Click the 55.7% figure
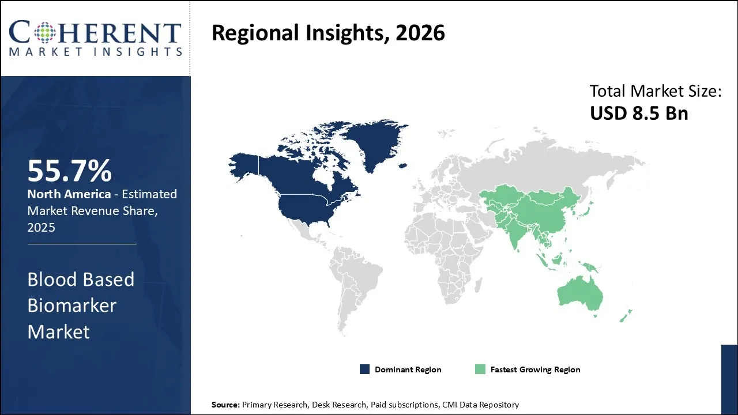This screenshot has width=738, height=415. [70, 171]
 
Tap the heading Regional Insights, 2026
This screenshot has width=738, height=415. [328, 33]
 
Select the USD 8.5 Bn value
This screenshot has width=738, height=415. [639, 113]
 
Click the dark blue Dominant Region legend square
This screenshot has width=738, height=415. [364, 369]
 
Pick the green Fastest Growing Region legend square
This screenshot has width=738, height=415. [480, 369]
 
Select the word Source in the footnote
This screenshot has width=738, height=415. [225, 405]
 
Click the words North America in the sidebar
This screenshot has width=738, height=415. [69, 194]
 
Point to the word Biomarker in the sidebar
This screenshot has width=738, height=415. [71, 305]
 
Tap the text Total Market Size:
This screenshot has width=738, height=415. [656, 91]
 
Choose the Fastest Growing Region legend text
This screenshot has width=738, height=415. [535, 369]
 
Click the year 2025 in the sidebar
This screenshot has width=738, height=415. [41, 227]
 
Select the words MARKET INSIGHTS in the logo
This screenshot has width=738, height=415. [95, 51]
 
